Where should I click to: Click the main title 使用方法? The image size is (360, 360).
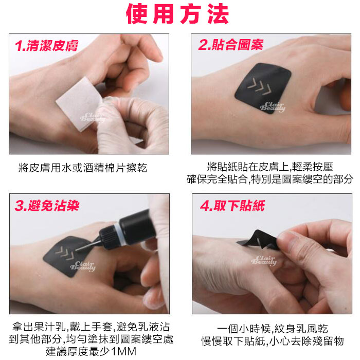tap(177, 14)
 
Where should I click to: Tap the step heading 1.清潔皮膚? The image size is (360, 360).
tap(47, 45)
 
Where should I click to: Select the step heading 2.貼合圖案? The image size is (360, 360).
tap(230, 44)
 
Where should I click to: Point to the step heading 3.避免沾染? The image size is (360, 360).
tap(47, 205)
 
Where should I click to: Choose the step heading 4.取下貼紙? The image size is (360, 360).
tap(232, 205)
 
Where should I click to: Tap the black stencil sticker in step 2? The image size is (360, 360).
tap(263, 88)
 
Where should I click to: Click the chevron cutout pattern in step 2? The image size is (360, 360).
tap(259, 87)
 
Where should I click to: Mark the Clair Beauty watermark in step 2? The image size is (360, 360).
tap(273, 106)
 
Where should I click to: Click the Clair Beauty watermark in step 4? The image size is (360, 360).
tap(264, 261)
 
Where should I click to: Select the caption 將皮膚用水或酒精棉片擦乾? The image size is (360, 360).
tap(83, 168)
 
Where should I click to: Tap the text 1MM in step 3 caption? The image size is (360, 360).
tap(123, 351)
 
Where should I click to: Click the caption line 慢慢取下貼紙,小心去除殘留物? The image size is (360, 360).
tap(273, 341)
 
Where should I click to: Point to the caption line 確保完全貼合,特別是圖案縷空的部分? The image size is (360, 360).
tap(270, 179)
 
